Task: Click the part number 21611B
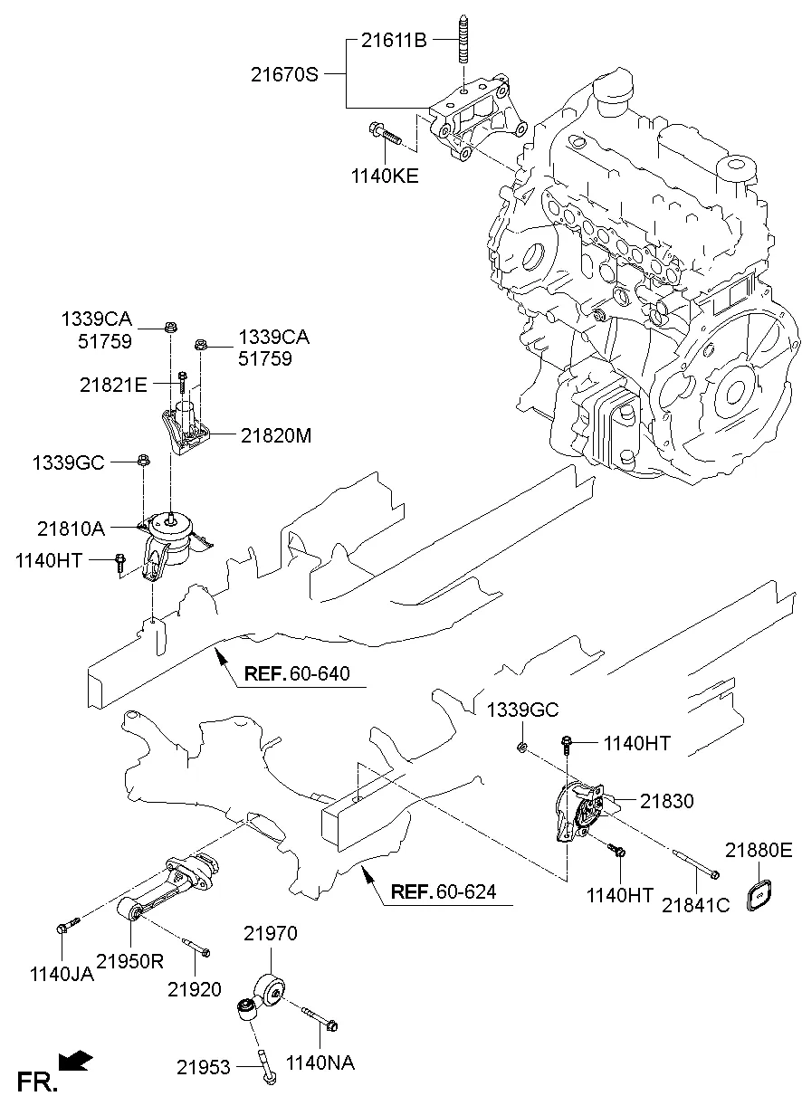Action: point(395,40)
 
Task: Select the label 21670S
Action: point(285,73)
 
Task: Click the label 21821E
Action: point(112,385)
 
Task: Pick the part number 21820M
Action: point(275,435)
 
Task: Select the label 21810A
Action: point(71,526)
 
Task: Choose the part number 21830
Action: point(667,801)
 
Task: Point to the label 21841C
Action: point(695,904)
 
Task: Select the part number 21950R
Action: point(130,961)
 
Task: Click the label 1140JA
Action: point(62,974)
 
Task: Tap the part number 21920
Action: point(194,990)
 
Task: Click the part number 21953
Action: point(204,1068)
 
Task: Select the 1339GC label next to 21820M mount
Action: point(68,462)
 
